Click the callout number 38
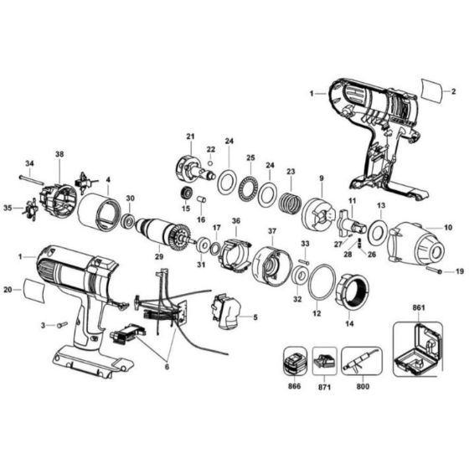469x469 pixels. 59,154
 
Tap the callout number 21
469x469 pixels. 190,137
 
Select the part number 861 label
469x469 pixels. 419,309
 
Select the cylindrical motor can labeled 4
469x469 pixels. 100,212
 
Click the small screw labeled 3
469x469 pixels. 59,323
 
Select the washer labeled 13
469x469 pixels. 377,229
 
